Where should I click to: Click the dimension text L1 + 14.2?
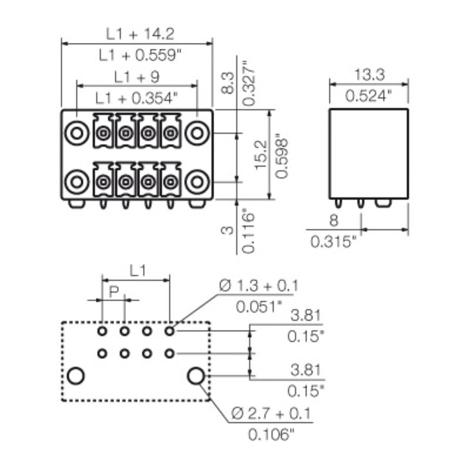(x=137, y=33)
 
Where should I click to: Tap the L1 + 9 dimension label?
(x=137, y=77)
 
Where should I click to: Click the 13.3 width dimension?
(x=369, y=74)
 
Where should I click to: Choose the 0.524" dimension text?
(x=369, y=95)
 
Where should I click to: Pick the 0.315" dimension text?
(x=334, y=241)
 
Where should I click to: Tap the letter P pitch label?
(x=114, y=291)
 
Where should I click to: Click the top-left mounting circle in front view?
(x=76, y=133)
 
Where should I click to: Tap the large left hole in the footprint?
(x=75, y=375)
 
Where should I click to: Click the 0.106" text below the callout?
(x=270, y=435)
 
